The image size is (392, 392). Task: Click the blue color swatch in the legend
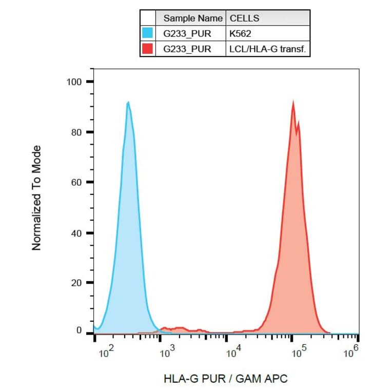148,33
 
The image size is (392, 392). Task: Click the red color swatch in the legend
148,49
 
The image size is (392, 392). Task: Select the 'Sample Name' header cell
192,18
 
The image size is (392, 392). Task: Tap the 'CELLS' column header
244,18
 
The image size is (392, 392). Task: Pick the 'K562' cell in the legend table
239,33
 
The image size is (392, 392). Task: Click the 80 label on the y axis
76,132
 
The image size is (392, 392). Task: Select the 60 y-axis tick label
76,183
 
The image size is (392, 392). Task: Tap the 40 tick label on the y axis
76,233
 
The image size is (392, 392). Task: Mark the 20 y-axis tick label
76,283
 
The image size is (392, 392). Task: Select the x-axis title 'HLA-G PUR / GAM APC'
226,379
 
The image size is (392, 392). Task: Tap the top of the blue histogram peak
128,102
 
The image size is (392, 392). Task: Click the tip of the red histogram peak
293,102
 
